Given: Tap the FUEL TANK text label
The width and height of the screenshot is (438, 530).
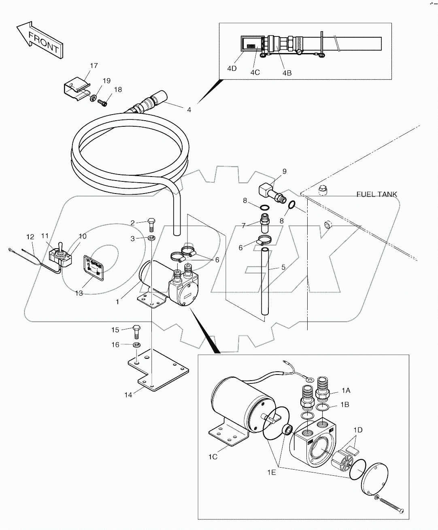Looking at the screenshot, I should tap(376, 194).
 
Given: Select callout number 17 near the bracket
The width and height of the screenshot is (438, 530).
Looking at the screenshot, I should tap(94, 66).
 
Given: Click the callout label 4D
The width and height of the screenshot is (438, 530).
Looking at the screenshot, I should tap(232, 68).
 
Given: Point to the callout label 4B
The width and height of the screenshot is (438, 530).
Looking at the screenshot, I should tap(287, 73).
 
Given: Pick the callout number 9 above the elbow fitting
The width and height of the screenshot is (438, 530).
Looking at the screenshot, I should tap(284, 171).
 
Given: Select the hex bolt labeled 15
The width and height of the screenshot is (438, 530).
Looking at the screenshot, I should tap(136, 332).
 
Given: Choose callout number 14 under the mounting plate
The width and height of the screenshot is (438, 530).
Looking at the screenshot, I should tap(128, 395).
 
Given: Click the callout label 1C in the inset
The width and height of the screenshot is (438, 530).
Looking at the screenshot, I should tap(213, 457).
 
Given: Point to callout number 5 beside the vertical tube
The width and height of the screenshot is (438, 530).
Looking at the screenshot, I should tap(283, 268).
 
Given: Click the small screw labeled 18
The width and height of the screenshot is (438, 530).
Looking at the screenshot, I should tap(103, 103).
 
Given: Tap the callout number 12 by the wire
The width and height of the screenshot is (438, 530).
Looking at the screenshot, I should tap(30, 236).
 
